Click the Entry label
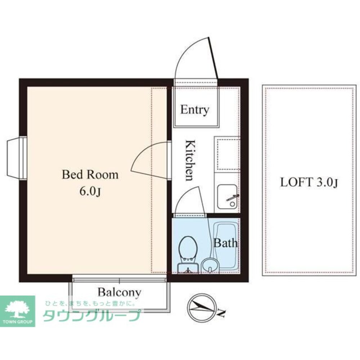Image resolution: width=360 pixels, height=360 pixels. pos(194,110)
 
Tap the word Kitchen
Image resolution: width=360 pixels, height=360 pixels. pos(190,160)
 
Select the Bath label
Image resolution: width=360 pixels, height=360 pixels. pos(225,243)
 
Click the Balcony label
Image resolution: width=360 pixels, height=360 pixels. pos(120,292)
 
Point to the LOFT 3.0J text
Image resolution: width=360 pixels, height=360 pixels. pos(309,183)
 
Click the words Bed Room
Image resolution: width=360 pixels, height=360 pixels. pos(90,175)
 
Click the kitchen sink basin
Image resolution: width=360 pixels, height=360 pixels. pos(227,197)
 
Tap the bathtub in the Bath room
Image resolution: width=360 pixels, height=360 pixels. pos(226,246)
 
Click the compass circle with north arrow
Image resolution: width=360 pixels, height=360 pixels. pos(201,307)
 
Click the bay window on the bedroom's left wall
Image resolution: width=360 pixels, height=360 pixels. pos(17,158)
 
